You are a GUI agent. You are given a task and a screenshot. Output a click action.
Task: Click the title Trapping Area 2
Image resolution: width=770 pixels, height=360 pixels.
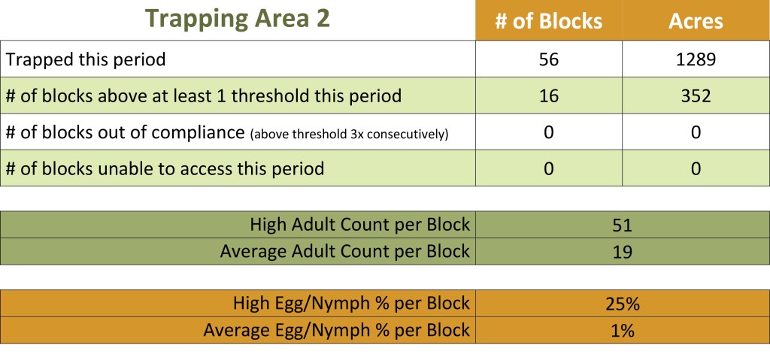(x=238, y=19)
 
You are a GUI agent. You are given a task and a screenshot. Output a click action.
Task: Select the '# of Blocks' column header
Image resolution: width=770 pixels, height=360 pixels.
(x=548, y=21)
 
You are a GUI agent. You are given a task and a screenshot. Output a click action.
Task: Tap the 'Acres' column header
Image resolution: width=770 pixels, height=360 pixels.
(x=696, y=21)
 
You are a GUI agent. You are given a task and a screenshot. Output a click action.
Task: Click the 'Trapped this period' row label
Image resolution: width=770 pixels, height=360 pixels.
(x=86, y=59)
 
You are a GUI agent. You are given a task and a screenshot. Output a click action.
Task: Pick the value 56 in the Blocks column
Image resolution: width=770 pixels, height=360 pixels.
(x=548, y=59)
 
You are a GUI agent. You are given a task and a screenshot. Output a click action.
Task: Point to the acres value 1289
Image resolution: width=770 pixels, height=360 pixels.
(x=696, y=59)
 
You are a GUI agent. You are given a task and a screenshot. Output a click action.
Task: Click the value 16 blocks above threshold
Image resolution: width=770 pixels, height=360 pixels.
(x=548, y=95)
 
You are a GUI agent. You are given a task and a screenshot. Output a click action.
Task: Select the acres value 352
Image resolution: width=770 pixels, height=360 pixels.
(x=696, y=95)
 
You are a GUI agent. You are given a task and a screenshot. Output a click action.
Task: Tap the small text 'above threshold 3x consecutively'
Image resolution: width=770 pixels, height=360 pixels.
(x=349, y=134)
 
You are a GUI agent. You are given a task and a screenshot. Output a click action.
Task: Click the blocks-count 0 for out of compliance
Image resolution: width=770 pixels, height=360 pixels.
(x=548, y=132)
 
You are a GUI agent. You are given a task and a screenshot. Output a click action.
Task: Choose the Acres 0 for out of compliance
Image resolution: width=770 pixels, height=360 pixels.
(x=696, y=132)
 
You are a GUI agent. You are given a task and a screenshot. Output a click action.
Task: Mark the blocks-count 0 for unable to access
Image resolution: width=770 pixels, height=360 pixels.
(x=548, y=168)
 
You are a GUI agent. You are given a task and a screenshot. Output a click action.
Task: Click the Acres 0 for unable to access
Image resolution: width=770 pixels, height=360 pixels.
(x=696, y=168)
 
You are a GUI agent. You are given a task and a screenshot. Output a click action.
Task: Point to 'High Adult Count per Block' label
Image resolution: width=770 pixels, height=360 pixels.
(x=360, y=225)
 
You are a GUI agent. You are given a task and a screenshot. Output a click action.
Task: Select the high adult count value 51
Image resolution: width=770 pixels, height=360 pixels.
(x=622, y=225)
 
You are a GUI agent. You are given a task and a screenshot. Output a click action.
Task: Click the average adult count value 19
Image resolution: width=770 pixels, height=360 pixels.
(x=622, y=252)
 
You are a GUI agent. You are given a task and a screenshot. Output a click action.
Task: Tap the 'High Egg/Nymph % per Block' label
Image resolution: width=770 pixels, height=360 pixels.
(x=352, y=303)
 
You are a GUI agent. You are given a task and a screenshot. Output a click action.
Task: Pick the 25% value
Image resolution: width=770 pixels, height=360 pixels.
(x=623, y=304)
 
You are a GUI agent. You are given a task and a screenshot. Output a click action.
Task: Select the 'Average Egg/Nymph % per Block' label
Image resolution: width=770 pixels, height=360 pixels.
(x=336, y=330)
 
